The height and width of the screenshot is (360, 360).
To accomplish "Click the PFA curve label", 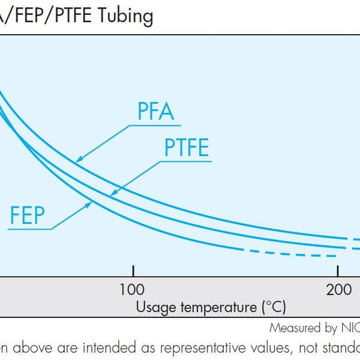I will (x=157, y=112).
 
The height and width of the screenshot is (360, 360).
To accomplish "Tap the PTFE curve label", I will (x=187, y=147).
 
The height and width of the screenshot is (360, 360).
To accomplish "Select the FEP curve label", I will (x=27, y=215).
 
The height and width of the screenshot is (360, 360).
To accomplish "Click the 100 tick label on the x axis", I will (x=132, y=290).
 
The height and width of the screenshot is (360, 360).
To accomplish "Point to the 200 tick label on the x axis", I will (x=338, y=290).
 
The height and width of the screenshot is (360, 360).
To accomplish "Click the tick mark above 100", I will (x=133, y=271).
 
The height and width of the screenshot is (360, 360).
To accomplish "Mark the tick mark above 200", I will (x=338, y=271).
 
